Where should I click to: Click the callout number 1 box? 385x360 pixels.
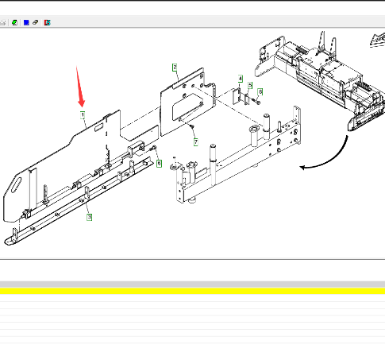(83, 115)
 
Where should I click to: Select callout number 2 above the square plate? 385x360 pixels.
(175, 68)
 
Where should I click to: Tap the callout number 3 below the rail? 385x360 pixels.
(90, 217)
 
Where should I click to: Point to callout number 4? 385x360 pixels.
(241, 79)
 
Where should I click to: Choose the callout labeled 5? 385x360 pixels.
(250, 85)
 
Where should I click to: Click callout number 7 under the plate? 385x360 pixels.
(196, 142)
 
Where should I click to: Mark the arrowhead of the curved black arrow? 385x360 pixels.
(302, 168)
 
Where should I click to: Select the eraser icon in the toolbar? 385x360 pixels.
(35, 22)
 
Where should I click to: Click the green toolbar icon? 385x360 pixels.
(15, 23)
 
